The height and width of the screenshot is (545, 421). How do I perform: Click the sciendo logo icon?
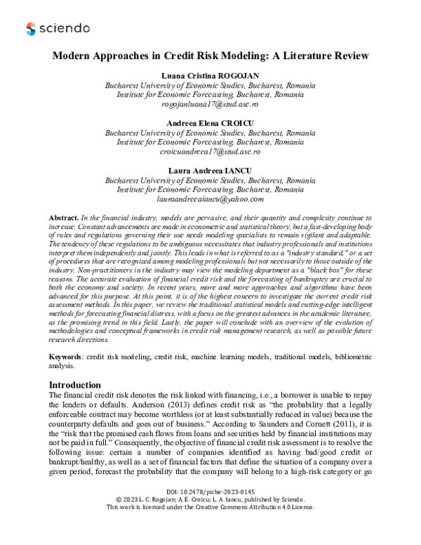click(30, 29)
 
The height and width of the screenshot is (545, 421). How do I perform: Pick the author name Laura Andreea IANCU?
click(210, 171)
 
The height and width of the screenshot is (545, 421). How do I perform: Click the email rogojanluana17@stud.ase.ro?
click(210, 103)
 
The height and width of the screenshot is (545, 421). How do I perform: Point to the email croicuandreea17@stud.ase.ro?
click(210, 151)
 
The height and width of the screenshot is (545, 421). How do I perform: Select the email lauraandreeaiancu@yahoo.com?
click(210, 199)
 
